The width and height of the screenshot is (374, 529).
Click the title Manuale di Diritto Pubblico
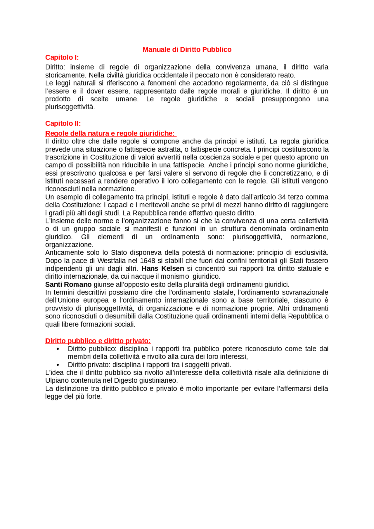tap(187, 50)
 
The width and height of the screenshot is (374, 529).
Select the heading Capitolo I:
tap(62, 57)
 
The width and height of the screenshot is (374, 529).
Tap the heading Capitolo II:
tap(63, 123)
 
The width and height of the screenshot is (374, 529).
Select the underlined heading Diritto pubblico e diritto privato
tap(98, 341)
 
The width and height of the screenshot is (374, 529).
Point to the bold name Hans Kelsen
tap(163, 268)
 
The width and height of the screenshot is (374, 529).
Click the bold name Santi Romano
tap(68, 285)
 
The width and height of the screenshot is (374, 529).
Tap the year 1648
tap(148, 261)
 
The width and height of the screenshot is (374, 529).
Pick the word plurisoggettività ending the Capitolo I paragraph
tap(70, 107)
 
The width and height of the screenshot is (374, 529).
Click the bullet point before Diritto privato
tap(58, 365)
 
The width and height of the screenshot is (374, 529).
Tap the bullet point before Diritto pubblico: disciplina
tap(58, 349)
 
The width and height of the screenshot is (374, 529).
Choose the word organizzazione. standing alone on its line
tap(69, 244)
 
